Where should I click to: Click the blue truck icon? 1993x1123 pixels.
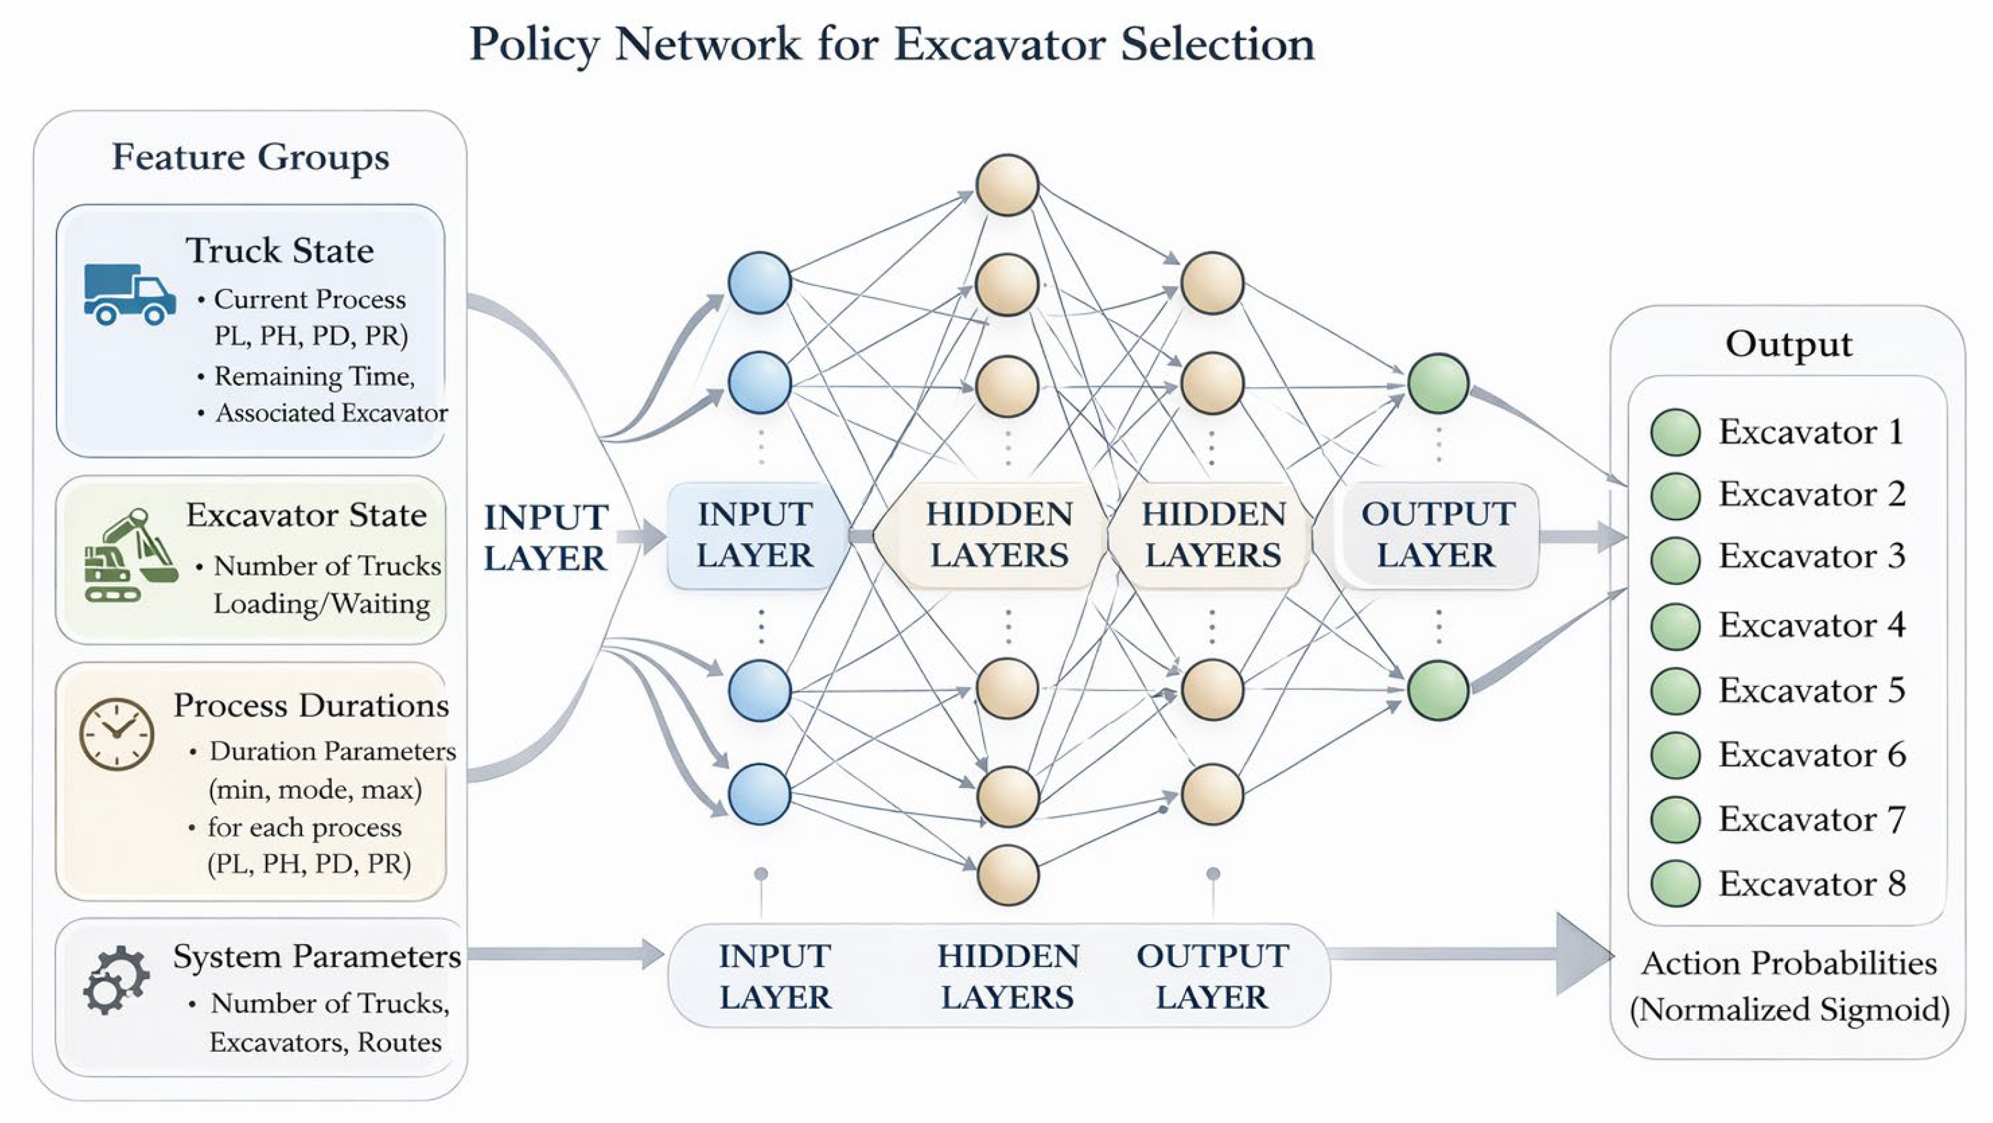click(129, 294)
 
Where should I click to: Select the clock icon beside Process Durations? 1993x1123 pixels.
click(116, 734)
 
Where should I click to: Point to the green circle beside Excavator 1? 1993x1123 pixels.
click(1675, 431)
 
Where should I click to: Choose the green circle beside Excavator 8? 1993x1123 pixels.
click(1675, 883)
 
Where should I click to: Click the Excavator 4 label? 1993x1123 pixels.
click(1812, 625)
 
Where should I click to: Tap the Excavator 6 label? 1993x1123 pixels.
click(1812, 754)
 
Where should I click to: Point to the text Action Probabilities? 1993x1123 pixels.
click(1789, 963)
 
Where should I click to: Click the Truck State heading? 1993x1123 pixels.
click(280, 251)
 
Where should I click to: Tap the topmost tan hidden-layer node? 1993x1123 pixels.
click(1007, 185)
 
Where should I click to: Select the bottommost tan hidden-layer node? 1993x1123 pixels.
click(1007, 875)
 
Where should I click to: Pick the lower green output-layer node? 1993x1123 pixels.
click(1438, 690)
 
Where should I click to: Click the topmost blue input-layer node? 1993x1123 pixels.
click(760, 282)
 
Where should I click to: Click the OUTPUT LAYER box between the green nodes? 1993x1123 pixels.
click(1438, 535)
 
